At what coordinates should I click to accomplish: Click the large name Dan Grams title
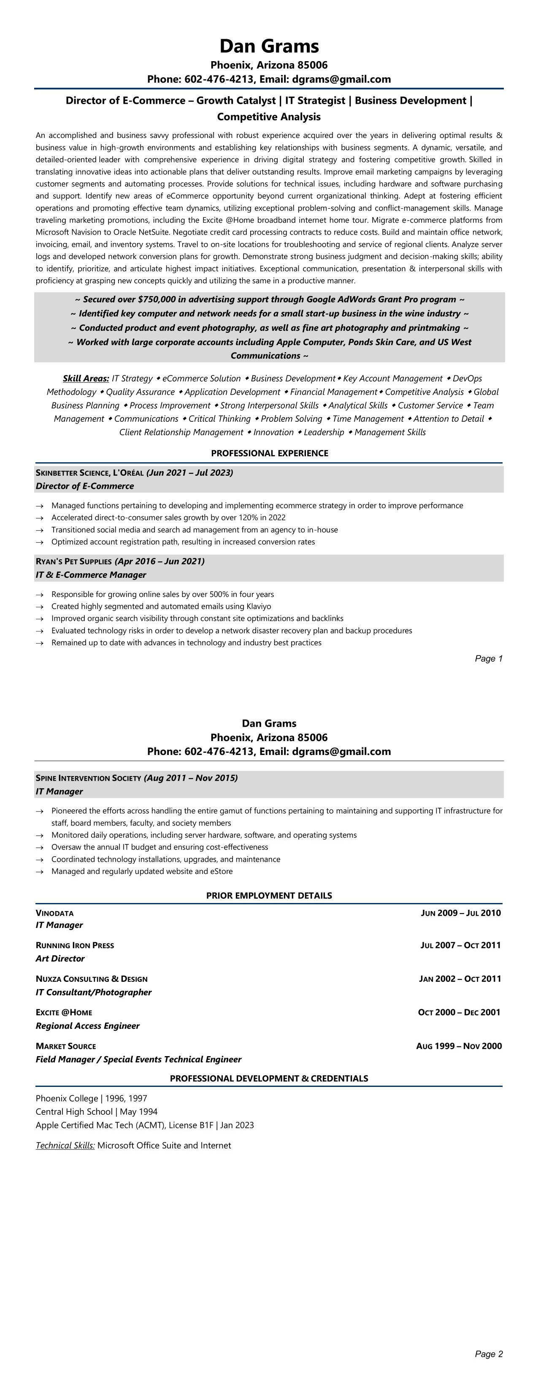[269, 46]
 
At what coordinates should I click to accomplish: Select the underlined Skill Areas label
[86, 378]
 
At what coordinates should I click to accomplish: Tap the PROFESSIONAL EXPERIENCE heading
[269, 453]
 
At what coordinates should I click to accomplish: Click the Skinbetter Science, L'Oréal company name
[89, 473]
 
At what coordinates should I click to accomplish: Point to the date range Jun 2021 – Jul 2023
[189, 473]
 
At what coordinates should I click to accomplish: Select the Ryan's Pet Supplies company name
[73, 561]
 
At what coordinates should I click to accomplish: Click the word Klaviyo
[259, 607]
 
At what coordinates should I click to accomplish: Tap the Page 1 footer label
[488, 658]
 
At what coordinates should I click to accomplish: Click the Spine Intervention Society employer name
[88, 778]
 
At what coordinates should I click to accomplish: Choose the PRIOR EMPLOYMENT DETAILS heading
[269, 895]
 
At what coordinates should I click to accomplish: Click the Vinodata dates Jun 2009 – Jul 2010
[460, 913]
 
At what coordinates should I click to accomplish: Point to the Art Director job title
[60, 958]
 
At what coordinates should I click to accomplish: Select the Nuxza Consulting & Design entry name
[91, 979]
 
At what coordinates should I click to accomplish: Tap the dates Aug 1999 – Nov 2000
[459, 1046]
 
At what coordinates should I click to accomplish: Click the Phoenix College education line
[91, 1098]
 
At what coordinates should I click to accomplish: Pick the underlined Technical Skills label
[65, 1145]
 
